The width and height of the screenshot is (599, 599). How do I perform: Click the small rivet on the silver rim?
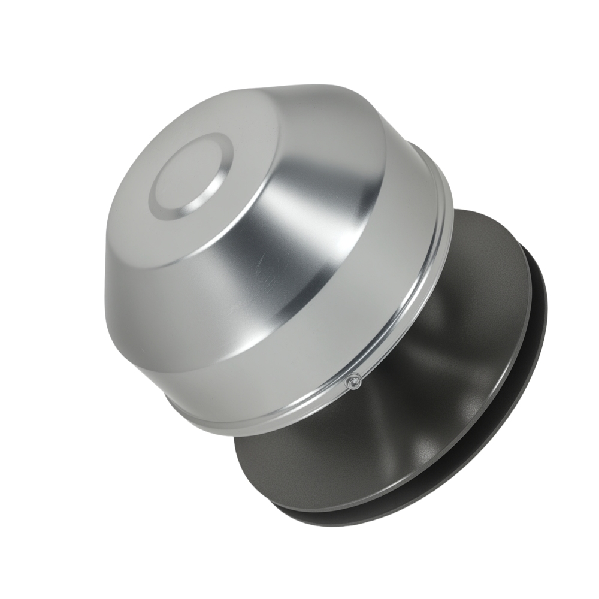[355, 380]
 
